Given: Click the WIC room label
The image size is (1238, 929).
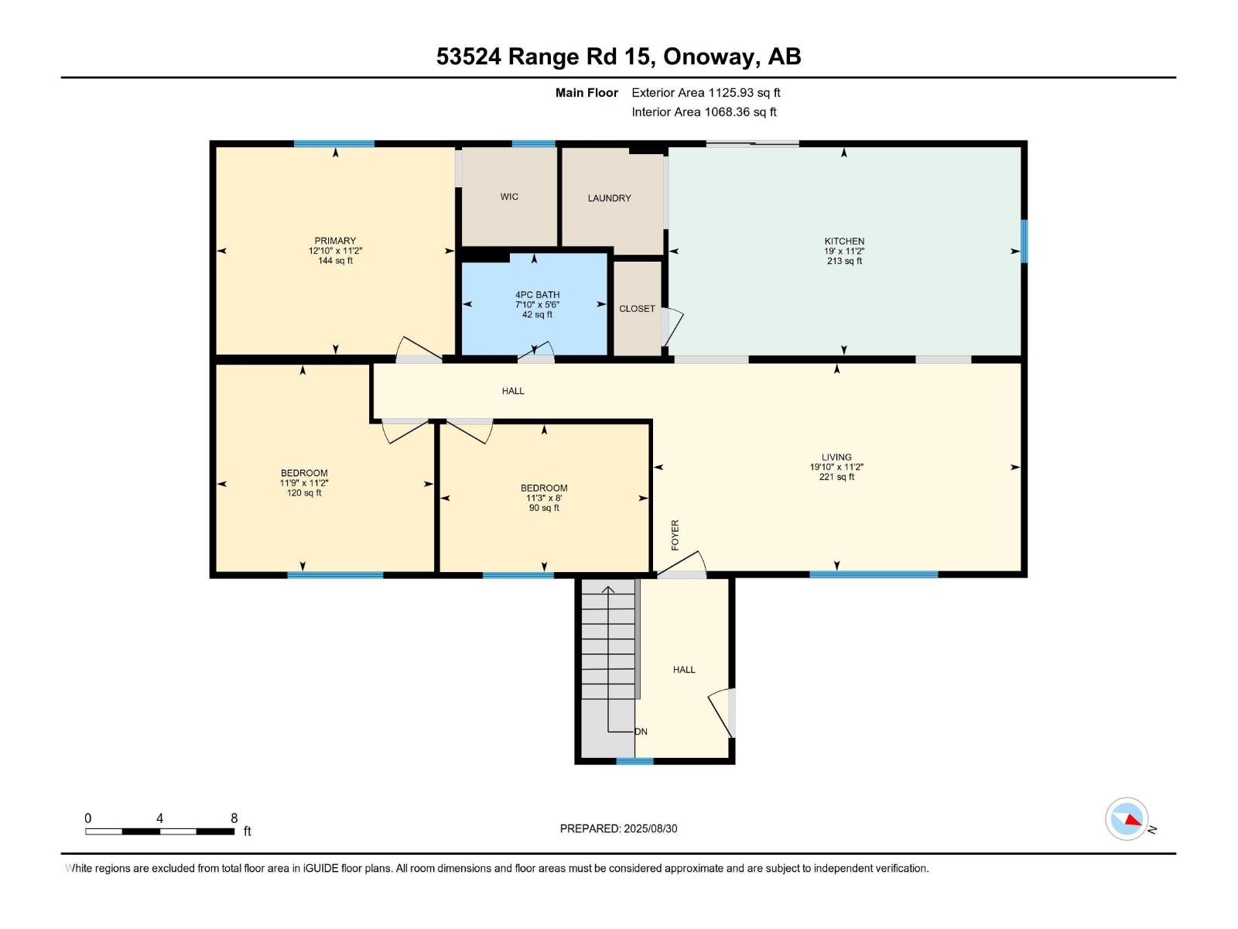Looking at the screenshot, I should (x=509, y=197).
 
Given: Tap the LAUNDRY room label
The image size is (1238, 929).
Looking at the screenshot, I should (x=609, y=198).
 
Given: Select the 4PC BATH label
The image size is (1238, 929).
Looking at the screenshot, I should (x=537, y=295).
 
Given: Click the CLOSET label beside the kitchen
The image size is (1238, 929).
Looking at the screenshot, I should (x=637, y=309).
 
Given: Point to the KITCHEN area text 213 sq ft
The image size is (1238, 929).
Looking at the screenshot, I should (x=844, y=261).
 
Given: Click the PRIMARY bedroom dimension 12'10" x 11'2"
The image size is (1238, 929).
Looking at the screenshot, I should (x=335, y=251).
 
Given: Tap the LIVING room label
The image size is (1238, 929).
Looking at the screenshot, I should (x=836, y=458).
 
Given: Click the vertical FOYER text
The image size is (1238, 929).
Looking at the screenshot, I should (x=675, y=535).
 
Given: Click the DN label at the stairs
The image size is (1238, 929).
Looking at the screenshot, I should (x=641, y=732).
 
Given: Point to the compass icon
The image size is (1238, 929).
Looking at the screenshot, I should (x=1127, y=819).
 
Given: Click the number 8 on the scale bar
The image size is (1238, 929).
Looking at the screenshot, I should (x=234, y=818).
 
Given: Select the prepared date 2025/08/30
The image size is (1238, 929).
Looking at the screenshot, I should (x=650, y=828).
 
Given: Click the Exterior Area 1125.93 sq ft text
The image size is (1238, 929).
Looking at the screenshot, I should (x=706, y=93).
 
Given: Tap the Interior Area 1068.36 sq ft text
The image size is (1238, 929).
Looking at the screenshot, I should (x=703, y=112).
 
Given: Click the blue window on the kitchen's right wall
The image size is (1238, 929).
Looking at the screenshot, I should (x=1024, y=241).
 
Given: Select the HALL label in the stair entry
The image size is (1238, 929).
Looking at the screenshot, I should (x=684, y=670).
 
